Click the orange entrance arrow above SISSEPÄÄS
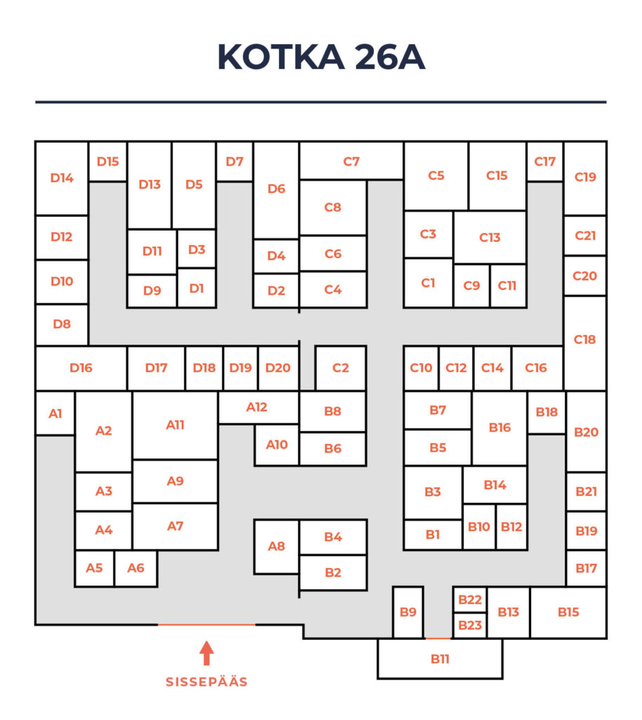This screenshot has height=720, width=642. click(207, 652)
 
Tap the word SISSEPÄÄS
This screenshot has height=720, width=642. click(207, 681)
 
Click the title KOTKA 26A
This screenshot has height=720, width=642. click(320, 57)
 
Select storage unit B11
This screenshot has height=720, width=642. click(440, 659)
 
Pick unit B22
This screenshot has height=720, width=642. click(470, 600)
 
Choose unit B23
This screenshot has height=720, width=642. click(470, 625)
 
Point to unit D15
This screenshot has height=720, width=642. click(107, 161)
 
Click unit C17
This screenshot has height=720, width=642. click(544, 161)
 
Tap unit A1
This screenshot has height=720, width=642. click(55, 413)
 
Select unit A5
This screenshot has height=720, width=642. click(94, 568)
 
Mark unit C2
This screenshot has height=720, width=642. click(341, 368)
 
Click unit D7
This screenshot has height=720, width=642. click(235, 161)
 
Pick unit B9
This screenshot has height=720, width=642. click(408, 612)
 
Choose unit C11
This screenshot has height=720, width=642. click(507, 285)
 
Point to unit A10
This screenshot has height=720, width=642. click(277, 444)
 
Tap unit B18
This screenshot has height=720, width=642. click(546, 412)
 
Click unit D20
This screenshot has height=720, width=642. click(278, 368)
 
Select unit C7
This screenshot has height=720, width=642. click(351, 161)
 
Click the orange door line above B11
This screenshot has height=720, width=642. click(438, 638)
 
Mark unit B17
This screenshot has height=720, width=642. click(586, 568)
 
